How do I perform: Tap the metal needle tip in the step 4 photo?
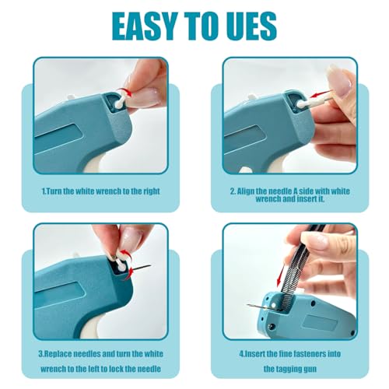[x=254, y=306]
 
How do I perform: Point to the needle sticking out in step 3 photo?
[x=142, y=269]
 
